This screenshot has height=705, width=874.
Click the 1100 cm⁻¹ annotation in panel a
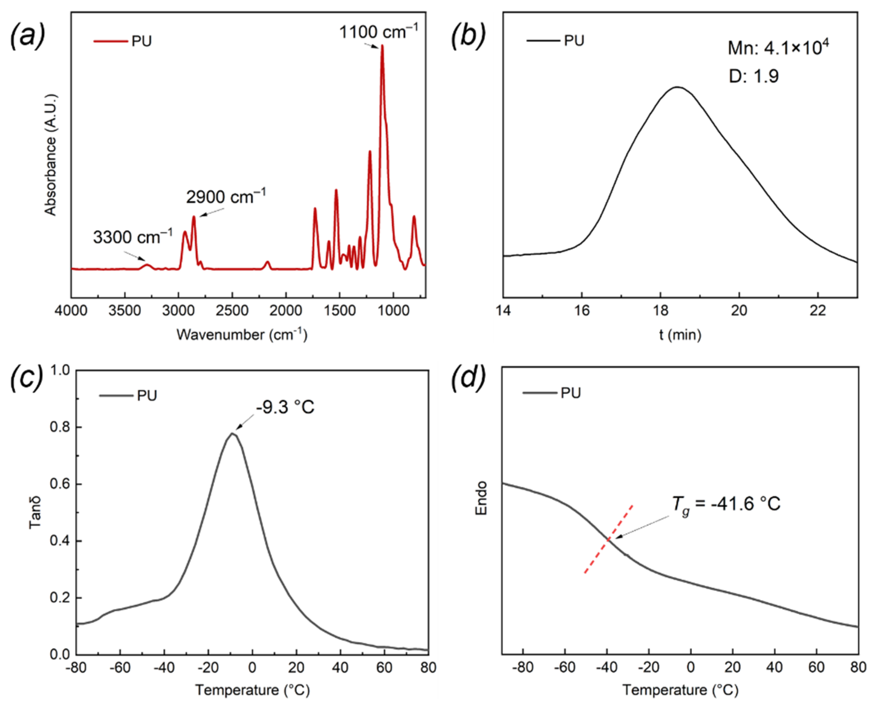pyautogui.click(x=378, y=32)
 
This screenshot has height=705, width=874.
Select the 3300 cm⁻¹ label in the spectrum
pyautogui.click(x=133, y=237)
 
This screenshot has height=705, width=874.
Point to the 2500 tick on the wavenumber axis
pyautogui.click(x=232, y=311)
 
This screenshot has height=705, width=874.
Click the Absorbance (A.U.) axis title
pyautogui.click(x=50, y=155)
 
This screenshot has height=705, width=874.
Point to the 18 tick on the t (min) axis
pyautogui.click(x=660, y=311)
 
